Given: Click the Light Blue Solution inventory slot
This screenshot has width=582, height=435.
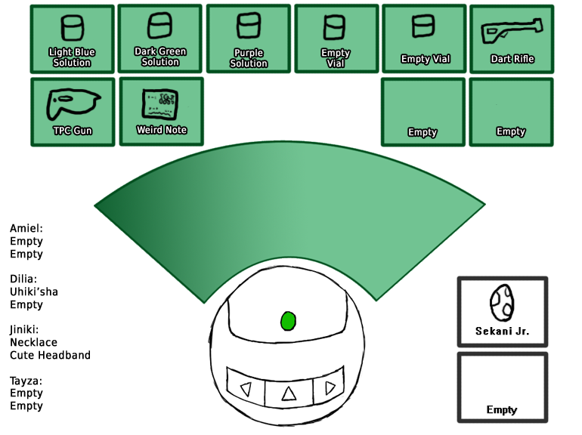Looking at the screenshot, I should point(73,39).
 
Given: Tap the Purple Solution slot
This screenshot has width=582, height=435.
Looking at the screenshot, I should point(249,39).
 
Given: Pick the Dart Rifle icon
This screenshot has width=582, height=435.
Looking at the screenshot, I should point(512,32).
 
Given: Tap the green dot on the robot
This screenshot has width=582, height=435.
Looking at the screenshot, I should point(288,321).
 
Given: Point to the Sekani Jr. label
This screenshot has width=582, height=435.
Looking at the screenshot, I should point(502,332).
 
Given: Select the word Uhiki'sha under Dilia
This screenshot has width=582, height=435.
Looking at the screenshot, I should point(34,292).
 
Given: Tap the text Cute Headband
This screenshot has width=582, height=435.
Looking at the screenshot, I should point(50,355).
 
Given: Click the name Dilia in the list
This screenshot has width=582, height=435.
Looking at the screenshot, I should point(23,279).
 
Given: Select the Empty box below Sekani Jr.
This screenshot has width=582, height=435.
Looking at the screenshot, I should point(502,387).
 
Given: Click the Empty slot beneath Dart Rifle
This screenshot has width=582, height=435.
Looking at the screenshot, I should point(511,112).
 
